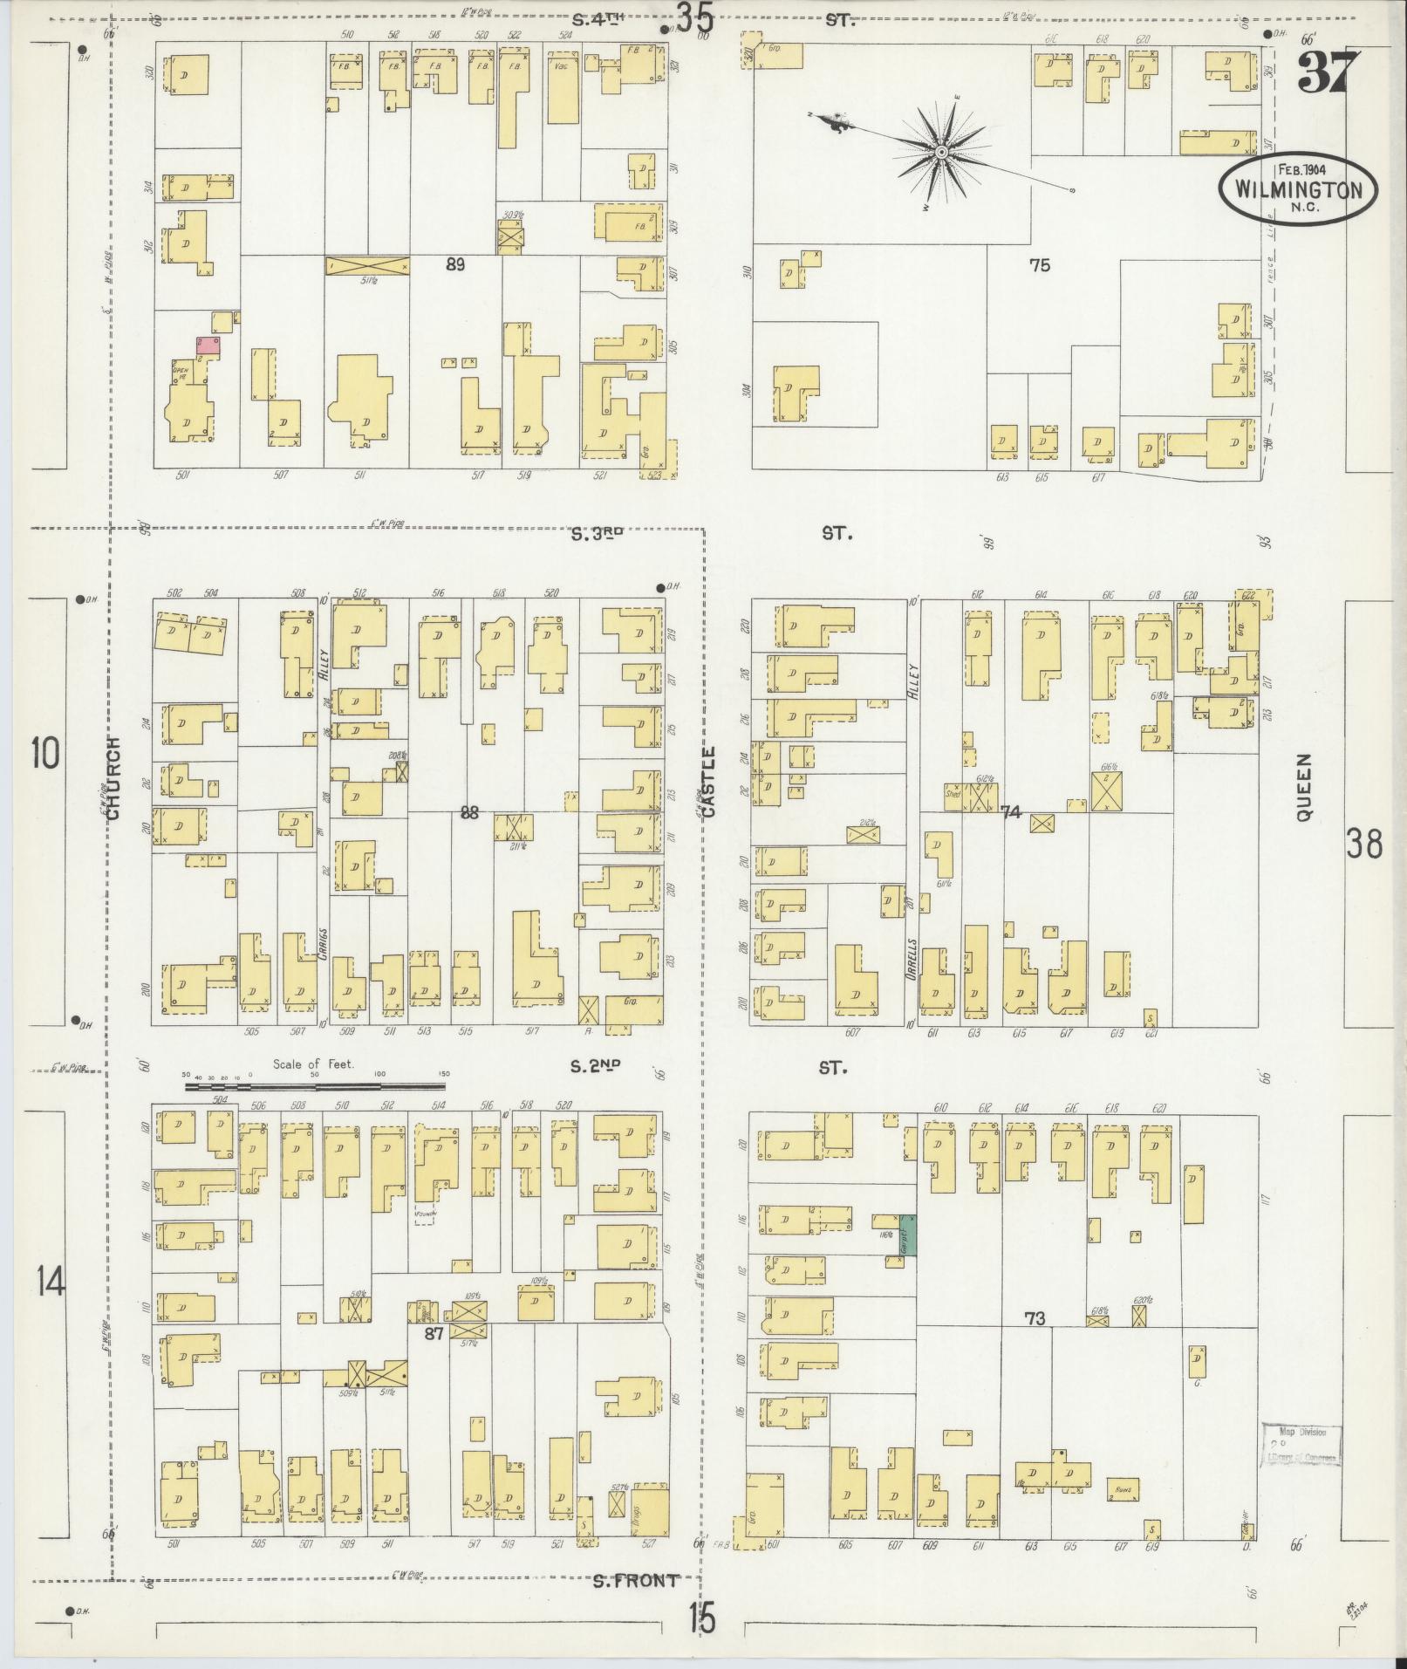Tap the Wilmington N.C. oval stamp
(x=1297, y=190)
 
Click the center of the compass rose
(x=941, y=154)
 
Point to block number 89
(x=454, y=265)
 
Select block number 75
(x=1039, y=265)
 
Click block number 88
(x=469, y=812)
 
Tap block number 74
(x=1010, y=812)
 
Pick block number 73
(x=1035, y=1343)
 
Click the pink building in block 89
(x=208, y=346)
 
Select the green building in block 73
(x=907, y=1236)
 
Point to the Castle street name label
(x=708, y=782)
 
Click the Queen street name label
(x=1304, y=788)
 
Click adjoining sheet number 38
(x=1363, y=845)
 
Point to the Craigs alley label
(x=322, y=941)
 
